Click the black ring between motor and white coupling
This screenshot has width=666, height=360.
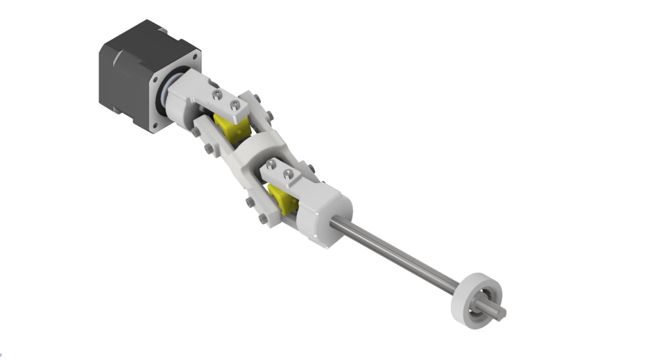click(167, 97)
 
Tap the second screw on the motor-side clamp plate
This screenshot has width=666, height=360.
click(235, 105)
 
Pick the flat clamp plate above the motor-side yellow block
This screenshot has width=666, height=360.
click(229, 101)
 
